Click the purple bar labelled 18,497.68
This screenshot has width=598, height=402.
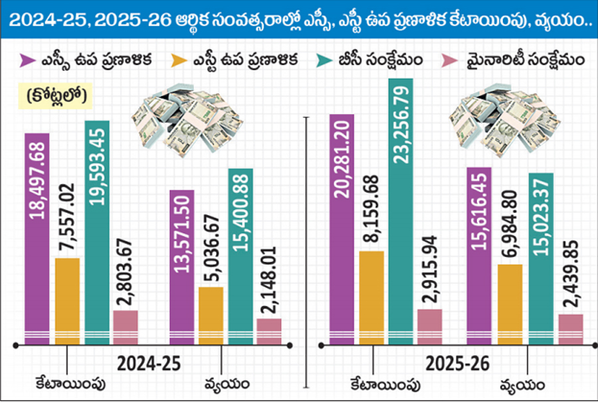tap(38, 239)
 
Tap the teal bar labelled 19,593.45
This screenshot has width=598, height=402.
tap(97, 232)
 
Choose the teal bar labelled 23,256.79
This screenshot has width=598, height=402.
tap(401, 212)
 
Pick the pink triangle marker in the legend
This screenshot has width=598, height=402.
tap(450, 60)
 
